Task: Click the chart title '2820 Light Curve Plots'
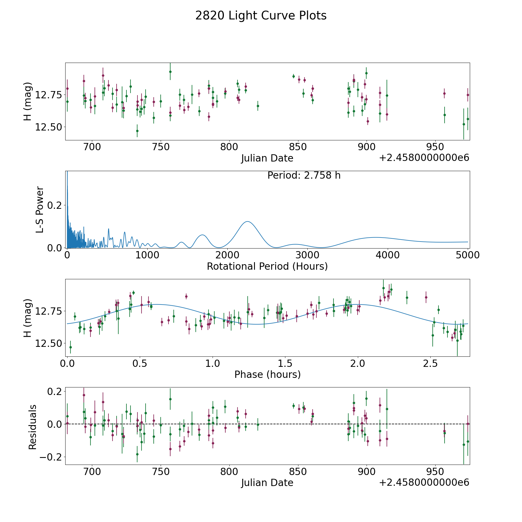click(x=261, y=16)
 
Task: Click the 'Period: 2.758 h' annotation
click(x=304, y=175)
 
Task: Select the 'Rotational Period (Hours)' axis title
click(x=267, y=266)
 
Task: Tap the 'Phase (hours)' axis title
click(x=267, y=374)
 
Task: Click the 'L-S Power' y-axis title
click(x=40, y=209)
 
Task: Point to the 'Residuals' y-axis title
click(x=32, y=427)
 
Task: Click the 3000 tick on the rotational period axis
click(x=307, y=255)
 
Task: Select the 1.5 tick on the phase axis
click(x=285, y=363)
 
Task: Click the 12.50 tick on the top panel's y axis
click(x=48, y=127)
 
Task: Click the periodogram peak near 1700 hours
click(x=202, y=235)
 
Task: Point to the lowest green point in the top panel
click(x=137, y=131)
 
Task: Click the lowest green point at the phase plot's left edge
click(x=70, y=347)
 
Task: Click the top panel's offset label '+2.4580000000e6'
click(x=424, y=158)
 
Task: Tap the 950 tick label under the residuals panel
click(x=435, y=472)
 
